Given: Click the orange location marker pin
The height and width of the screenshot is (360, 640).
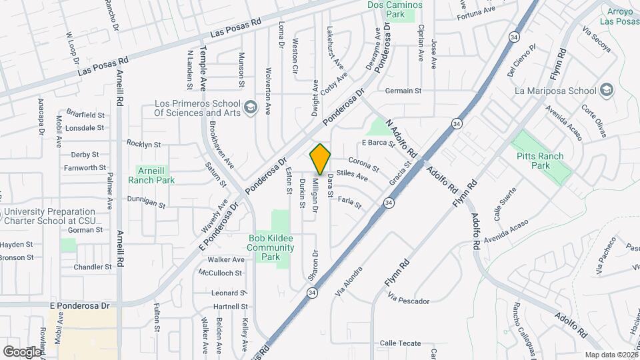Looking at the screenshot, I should [321, 159].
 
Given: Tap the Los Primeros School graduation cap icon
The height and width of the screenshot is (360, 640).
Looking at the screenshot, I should [250, 107].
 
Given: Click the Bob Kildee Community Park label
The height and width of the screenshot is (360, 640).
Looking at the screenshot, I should [271, 247].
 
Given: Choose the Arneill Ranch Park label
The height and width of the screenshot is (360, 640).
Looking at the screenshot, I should [155, 175].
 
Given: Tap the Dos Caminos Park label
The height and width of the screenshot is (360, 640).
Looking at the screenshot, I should [395, 9].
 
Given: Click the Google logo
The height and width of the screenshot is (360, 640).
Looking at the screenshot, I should [22, 351].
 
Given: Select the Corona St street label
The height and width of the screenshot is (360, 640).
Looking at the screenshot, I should [363, 164].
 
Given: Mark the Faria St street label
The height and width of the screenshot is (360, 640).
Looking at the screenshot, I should [349, 200].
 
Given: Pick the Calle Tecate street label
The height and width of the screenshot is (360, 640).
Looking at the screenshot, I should [401, 343].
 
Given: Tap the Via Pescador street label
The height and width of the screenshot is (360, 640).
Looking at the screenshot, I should [408, 301].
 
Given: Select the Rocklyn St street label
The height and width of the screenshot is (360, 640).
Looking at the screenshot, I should [144, 144].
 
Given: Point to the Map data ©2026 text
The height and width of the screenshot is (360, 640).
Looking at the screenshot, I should [611, 355].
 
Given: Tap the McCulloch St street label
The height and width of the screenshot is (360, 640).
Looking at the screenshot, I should [219, 272].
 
